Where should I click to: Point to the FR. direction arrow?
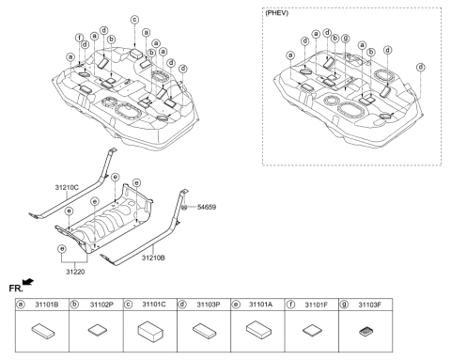34,282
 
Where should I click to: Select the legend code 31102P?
102,305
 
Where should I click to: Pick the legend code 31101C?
153,305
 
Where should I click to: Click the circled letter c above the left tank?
134,19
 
